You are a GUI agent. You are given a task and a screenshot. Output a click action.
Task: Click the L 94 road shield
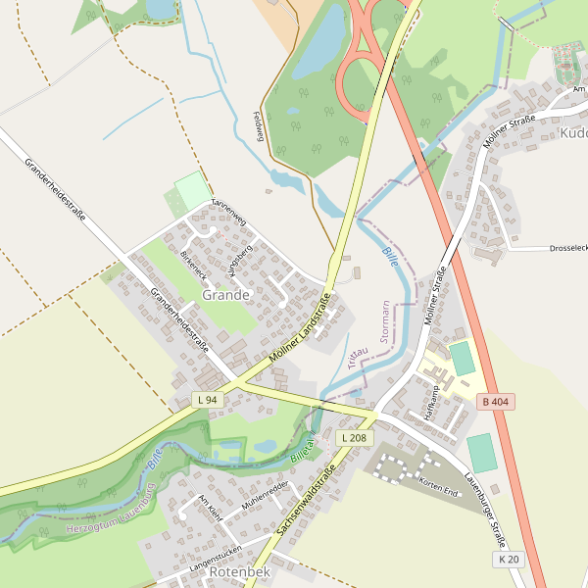(x=207, y=400)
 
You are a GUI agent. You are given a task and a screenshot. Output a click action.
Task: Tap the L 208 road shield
(x=354, y=437)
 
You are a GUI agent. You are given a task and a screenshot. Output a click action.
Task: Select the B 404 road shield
(x=497, y=403)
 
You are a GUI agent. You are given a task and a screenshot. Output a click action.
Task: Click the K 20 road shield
(x=509, y=559)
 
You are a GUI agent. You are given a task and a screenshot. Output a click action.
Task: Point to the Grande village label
(x=226, y=294)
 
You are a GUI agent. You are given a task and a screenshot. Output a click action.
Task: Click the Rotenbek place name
(x=239, y=571)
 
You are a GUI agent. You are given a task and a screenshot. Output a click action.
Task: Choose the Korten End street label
(x=438, y=486)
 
